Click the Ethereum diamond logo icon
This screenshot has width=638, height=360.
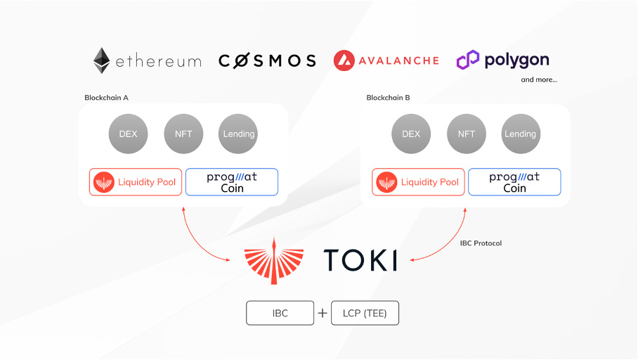coord(102,60)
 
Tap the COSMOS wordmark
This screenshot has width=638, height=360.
coord(267,60)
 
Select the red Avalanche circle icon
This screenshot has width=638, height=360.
coord(344,60)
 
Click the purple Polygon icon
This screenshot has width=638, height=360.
coord(467,60)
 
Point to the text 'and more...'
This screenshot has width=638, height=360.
coord(539,79)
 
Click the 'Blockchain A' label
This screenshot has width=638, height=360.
coord(106,98)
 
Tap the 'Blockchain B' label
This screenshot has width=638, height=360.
coord(388,98)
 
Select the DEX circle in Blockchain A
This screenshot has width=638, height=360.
coord(128,134)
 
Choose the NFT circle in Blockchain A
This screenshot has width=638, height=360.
coord(183,134)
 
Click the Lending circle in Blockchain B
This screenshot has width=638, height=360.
coord(521,134)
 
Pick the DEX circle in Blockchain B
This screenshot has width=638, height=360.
coord(411,134)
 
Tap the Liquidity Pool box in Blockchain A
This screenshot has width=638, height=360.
coord(136,182)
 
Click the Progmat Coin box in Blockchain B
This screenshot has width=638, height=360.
coord(514,182)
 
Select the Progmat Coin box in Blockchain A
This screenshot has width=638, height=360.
coord(232,182)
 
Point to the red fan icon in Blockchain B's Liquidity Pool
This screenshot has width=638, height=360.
coord(386,182)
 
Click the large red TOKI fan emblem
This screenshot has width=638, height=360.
coord(274,261)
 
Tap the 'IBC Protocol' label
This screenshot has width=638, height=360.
coord(481,243)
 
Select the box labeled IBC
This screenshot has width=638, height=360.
coord(280,313)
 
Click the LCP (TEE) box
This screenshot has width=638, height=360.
coord(365,313)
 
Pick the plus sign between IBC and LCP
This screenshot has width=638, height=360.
coord(323,313)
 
